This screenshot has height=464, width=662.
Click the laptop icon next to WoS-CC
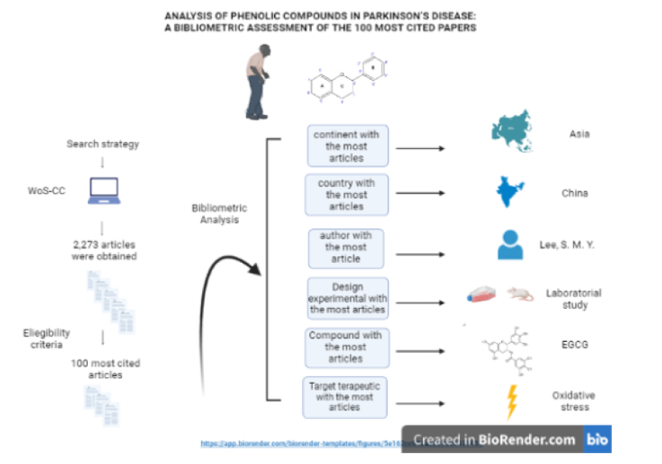101,191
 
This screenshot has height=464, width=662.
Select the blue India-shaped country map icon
511,192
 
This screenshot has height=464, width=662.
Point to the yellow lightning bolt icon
512,401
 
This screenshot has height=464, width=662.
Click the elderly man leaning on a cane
259,84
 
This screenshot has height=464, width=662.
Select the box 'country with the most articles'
346,194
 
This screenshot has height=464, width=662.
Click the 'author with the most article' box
346,247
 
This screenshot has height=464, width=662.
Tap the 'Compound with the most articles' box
346,346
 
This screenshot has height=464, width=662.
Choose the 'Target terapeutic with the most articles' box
346,397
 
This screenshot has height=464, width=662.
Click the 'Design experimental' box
346,297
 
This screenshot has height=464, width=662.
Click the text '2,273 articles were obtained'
103,249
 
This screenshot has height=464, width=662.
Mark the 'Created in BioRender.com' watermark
495,440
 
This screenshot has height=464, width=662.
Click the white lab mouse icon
517,293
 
